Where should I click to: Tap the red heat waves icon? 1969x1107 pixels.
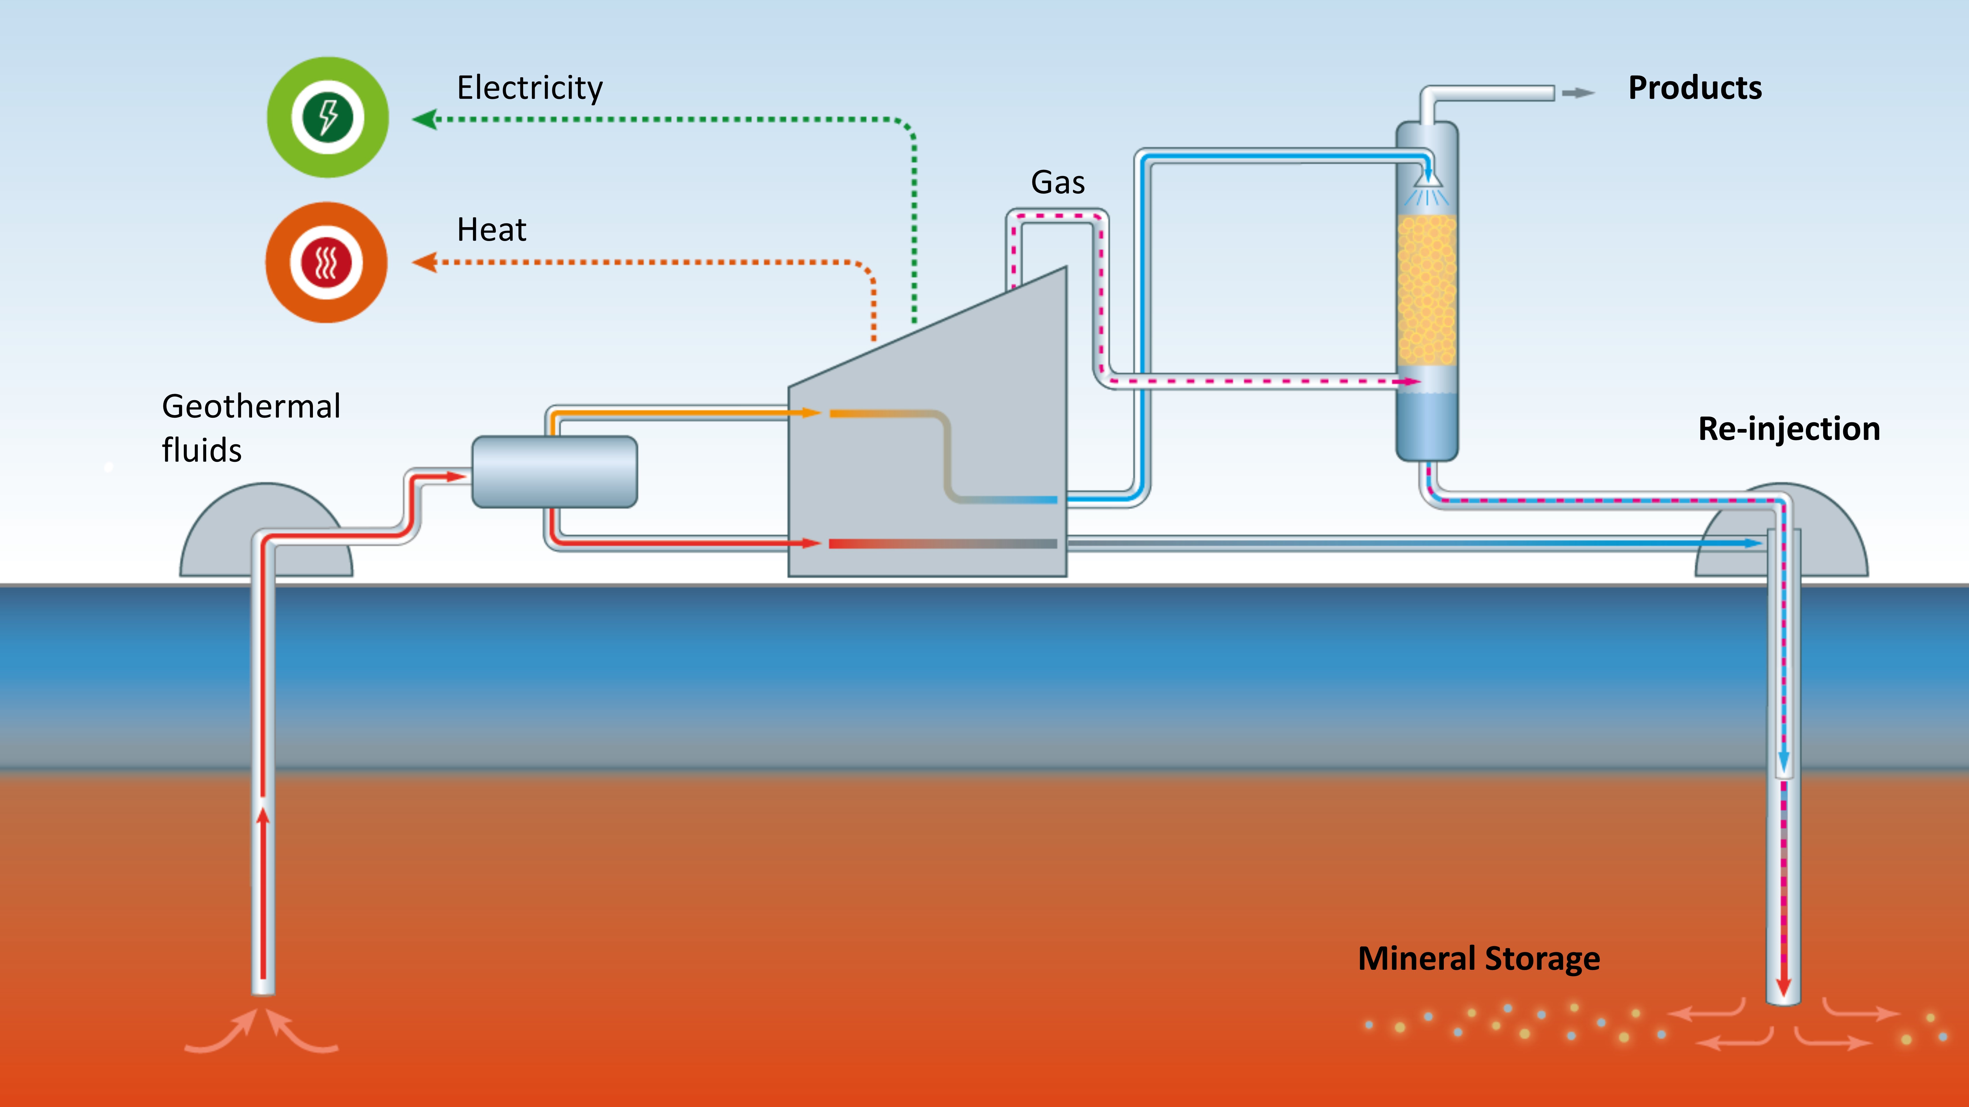[326, 262]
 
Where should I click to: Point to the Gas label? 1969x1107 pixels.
[1058, 182]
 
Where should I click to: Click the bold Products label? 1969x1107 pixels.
[1695, 88]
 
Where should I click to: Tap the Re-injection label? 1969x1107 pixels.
[1789, 429]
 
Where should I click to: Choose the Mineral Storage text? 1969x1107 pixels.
[1478, 958]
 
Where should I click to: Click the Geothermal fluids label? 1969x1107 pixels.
[251, 428]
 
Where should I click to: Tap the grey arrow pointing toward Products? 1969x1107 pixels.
[1578, 93]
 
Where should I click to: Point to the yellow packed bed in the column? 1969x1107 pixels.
[1426, 290]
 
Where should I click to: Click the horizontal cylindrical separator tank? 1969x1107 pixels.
[554, 471]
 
